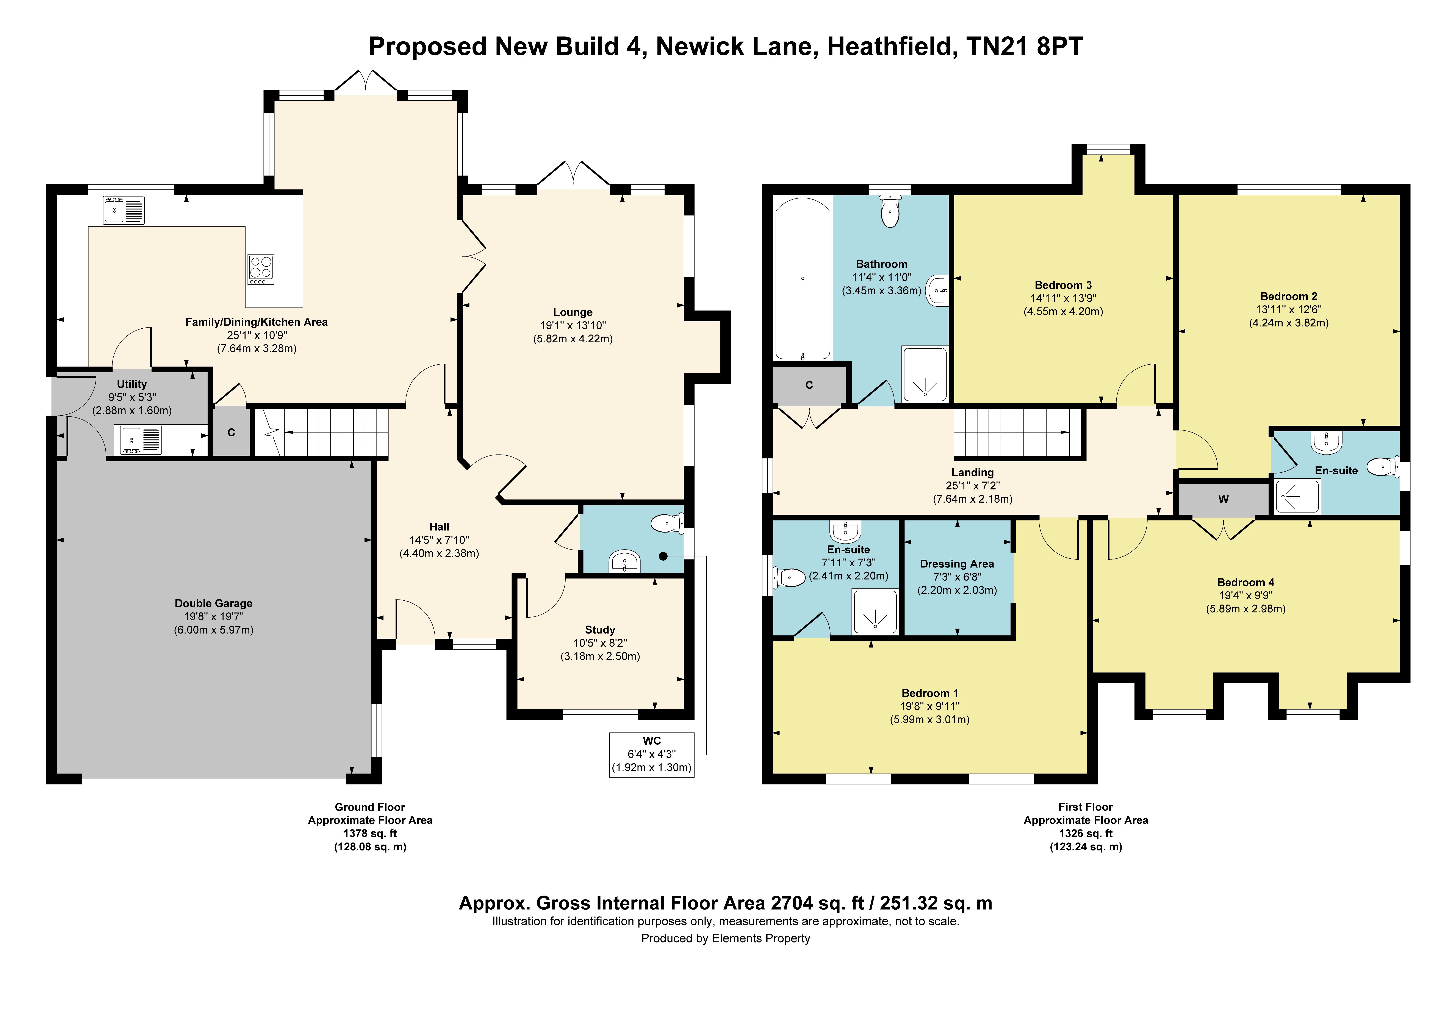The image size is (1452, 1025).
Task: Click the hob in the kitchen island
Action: point(261,269)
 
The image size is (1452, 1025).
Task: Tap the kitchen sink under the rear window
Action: point(124,210)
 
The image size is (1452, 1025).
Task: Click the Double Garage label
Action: point(214,604)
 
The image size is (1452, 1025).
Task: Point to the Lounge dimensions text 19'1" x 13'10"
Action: point(573,325)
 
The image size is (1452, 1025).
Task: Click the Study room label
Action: point(600,630)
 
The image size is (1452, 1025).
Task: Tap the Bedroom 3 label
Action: point(1063,285)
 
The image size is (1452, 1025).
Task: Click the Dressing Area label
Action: point(957,564)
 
